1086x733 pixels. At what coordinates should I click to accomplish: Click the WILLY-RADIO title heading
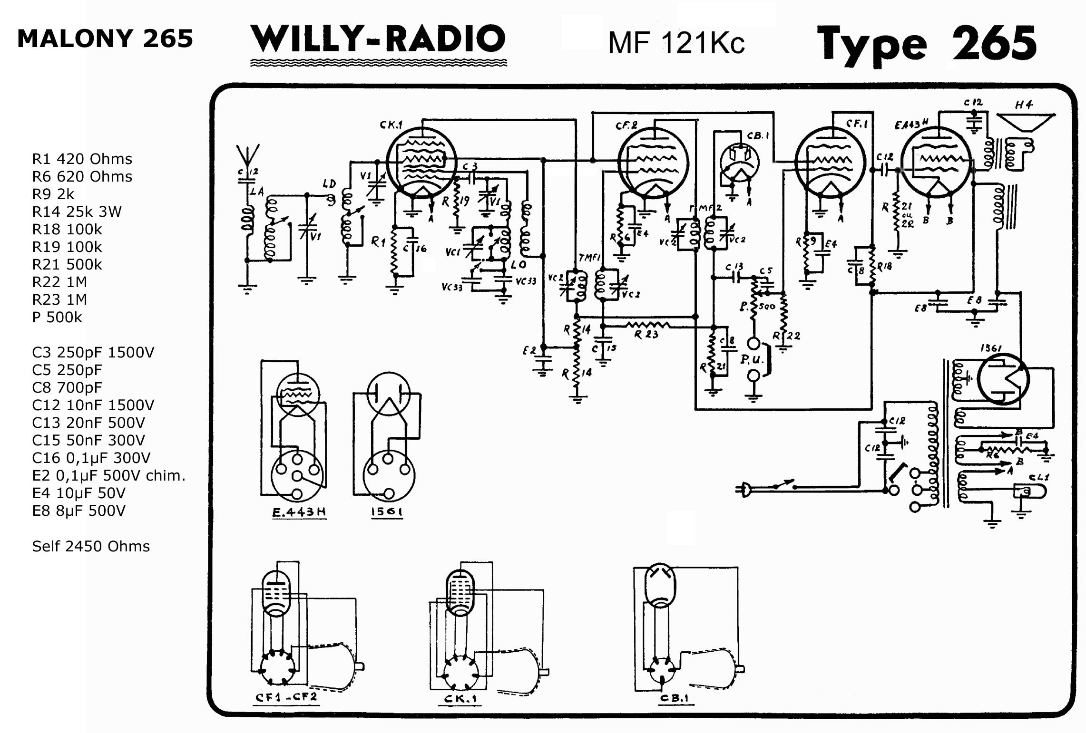coord(378,39)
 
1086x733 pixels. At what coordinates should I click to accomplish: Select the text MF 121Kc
coord(676,43)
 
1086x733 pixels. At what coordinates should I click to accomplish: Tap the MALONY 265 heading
coord(105,39)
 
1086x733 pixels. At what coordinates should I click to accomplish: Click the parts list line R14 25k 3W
coord(77,212)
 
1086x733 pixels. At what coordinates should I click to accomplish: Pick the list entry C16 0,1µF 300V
coord(91,458)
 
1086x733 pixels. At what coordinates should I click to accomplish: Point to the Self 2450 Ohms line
coord(90,546)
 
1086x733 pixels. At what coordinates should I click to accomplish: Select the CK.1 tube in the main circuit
coord(421,162)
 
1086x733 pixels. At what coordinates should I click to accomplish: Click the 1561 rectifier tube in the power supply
coord(1003,379)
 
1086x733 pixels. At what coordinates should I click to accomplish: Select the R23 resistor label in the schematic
coord(646,335)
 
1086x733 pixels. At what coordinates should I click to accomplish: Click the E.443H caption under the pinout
coord(299,512)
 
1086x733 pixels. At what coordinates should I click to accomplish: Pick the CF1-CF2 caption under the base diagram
coord(286,697)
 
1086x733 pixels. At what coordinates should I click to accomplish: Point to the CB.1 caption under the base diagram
coord(675,698)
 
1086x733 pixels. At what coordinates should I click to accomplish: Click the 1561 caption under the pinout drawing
coord(387,512)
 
